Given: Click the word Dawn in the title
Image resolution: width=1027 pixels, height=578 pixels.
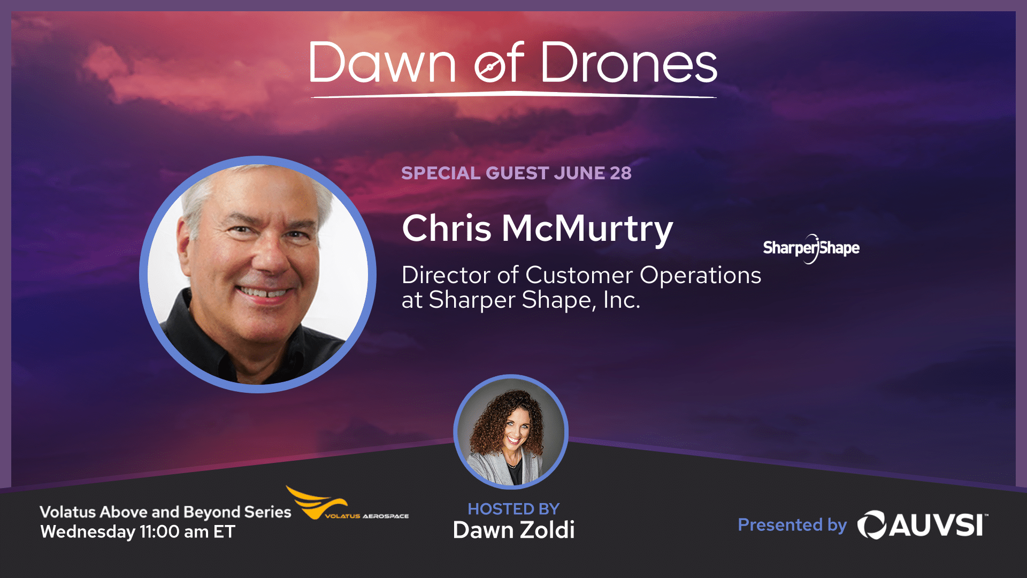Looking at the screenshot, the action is (382, 63).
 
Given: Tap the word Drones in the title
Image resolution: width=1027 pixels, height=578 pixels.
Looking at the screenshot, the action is (629, 63).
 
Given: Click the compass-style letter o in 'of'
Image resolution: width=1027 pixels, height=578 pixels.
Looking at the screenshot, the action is (489, 69).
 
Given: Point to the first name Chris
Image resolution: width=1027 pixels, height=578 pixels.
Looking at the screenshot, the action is (447, 228).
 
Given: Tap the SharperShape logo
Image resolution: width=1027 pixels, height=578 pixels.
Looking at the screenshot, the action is (811, 248).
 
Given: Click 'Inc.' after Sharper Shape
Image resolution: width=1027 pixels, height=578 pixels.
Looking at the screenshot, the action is (622, 300).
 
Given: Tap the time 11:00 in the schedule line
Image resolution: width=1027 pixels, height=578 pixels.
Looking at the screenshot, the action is (159, 532).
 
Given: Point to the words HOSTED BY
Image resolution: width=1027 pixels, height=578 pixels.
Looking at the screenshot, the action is (513, 509).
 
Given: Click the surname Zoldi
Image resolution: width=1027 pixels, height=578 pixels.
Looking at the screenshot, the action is (547, 530).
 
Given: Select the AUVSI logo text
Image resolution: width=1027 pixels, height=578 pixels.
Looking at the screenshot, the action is (923, 524).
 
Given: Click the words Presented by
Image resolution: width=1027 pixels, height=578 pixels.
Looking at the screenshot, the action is (792, 525).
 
